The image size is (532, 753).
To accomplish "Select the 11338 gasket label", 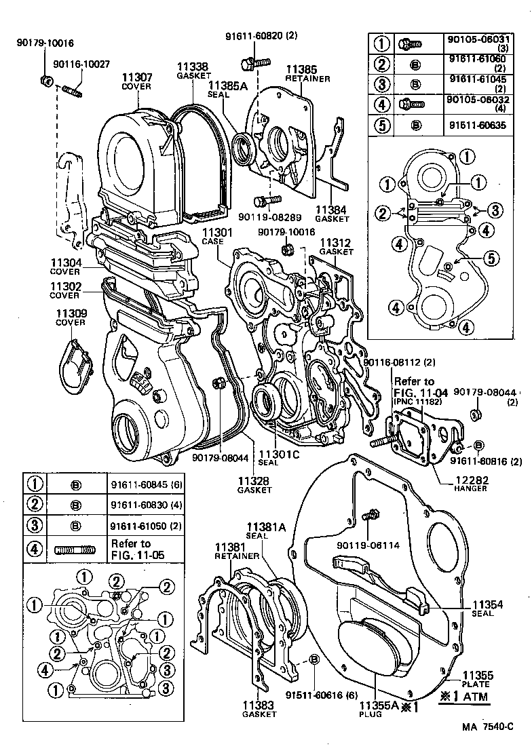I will tap(192, 67).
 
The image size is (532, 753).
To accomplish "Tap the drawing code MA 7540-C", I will tap(487, 727).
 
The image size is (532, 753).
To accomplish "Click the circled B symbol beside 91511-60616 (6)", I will tap(314, 661).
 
